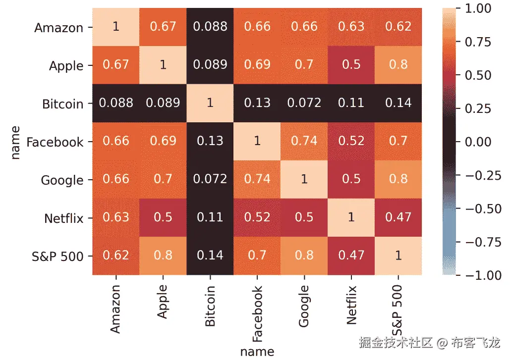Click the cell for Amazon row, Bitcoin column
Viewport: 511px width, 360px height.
tap(210, 27)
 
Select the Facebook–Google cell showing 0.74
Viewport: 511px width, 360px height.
tap(304, 142)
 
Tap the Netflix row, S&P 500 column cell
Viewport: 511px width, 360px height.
tap(398, 217)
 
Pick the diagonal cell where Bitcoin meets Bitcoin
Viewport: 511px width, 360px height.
tap(210, 103)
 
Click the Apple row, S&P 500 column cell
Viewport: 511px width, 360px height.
tap(398, 65)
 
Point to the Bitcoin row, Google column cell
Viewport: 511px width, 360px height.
tap(304, 103)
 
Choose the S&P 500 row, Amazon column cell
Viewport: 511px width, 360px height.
tap(115, 256)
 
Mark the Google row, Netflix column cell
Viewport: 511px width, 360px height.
tap(351, 179)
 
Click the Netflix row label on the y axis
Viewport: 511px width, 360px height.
tap(64, 218)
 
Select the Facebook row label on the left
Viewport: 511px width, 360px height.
tap(55, 142)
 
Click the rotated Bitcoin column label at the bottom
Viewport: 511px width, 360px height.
tap(210, 306)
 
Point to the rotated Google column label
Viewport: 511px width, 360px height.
tap(304, 306)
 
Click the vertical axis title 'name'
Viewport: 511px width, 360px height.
tap(16, 142)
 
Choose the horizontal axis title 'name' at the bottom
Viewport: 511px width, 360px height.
tap(257, 352)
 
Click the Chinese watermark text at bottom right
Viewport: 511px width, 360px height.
tap(429, 342)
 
